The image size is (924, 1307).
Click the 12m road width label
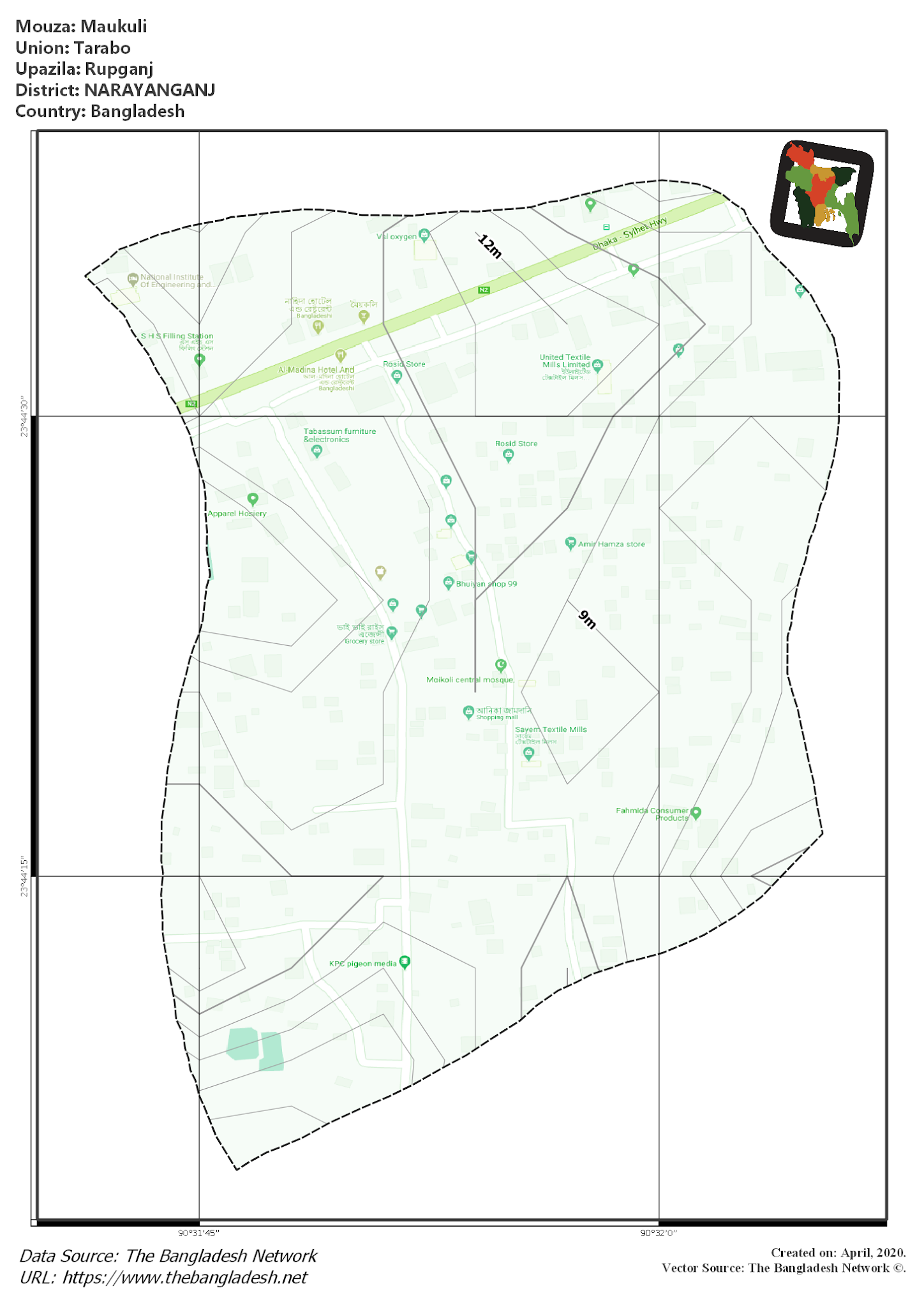(490, 246)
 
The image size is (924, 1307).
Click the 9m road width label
(587, 619)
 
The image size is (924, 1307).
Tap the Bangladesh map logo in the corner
(822, 193)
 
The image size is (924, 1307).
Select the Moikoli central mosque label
(470, 680)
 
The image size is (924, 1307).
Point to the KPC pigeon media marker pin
(405, 962)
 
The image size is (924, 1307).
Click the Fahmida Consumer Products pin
(696, 813)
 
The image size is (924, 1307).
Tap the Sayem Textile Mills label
(551, 729)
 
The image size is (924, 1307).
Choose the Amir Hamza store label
(611, 544)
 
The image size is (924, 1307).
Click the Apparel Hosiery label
(237, 514)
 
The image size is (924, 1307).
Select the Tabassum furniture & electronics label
(339, 435)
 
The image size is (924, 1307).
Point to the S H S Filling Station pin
(200, 360)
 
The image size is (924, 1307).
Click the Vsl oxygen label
(396, 237)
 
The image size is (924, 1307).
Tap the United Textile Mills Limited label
(566, 361)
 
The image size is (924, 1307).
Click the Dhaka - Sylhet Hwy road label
(629, 234)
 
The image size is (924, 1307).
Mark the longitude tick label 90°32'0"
(659, 1233)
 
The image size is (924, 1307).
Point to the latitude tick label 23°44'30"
(24, 417)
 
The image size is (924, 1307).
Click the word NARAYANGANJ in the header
(149, 90)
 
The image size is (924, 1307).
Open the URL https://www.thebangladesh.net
(185, 1277)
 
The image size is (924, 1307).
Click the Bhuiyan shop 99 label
(486, 584)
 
